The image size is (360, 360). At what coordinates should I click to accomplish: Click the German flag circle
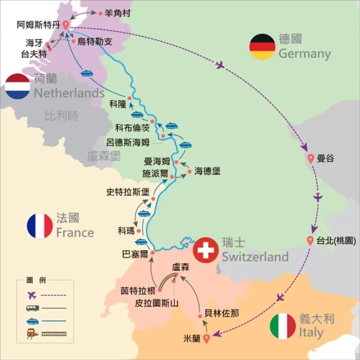tap(263, 47)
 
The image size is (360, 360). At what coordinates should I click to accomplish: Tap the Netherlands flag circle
tap(18, 86)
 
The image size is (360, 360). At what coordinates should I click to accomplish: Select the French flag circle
tap(40, 226)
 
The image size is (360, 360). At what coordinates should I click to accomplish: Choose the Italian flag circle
tap(283, 326)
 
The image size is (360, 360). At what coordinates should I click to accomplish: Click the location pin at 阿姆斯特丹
tap(66, 25)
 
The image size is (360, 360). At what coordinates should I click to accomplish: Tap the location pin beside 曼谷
tap(311, 158)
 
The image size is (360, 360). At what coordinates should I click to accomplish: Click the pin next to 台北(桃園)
tap(311, 241)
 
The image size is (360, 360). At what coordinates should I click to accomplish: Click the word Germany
tap(305, 53)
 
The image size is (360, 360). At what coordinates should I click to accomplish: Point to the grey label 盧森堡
tap(104, 156)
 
